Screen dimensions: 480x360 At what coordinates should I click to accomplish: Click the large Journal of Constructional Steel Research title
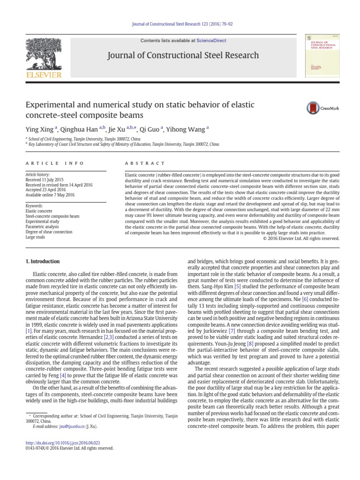(x=183, y=55)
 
